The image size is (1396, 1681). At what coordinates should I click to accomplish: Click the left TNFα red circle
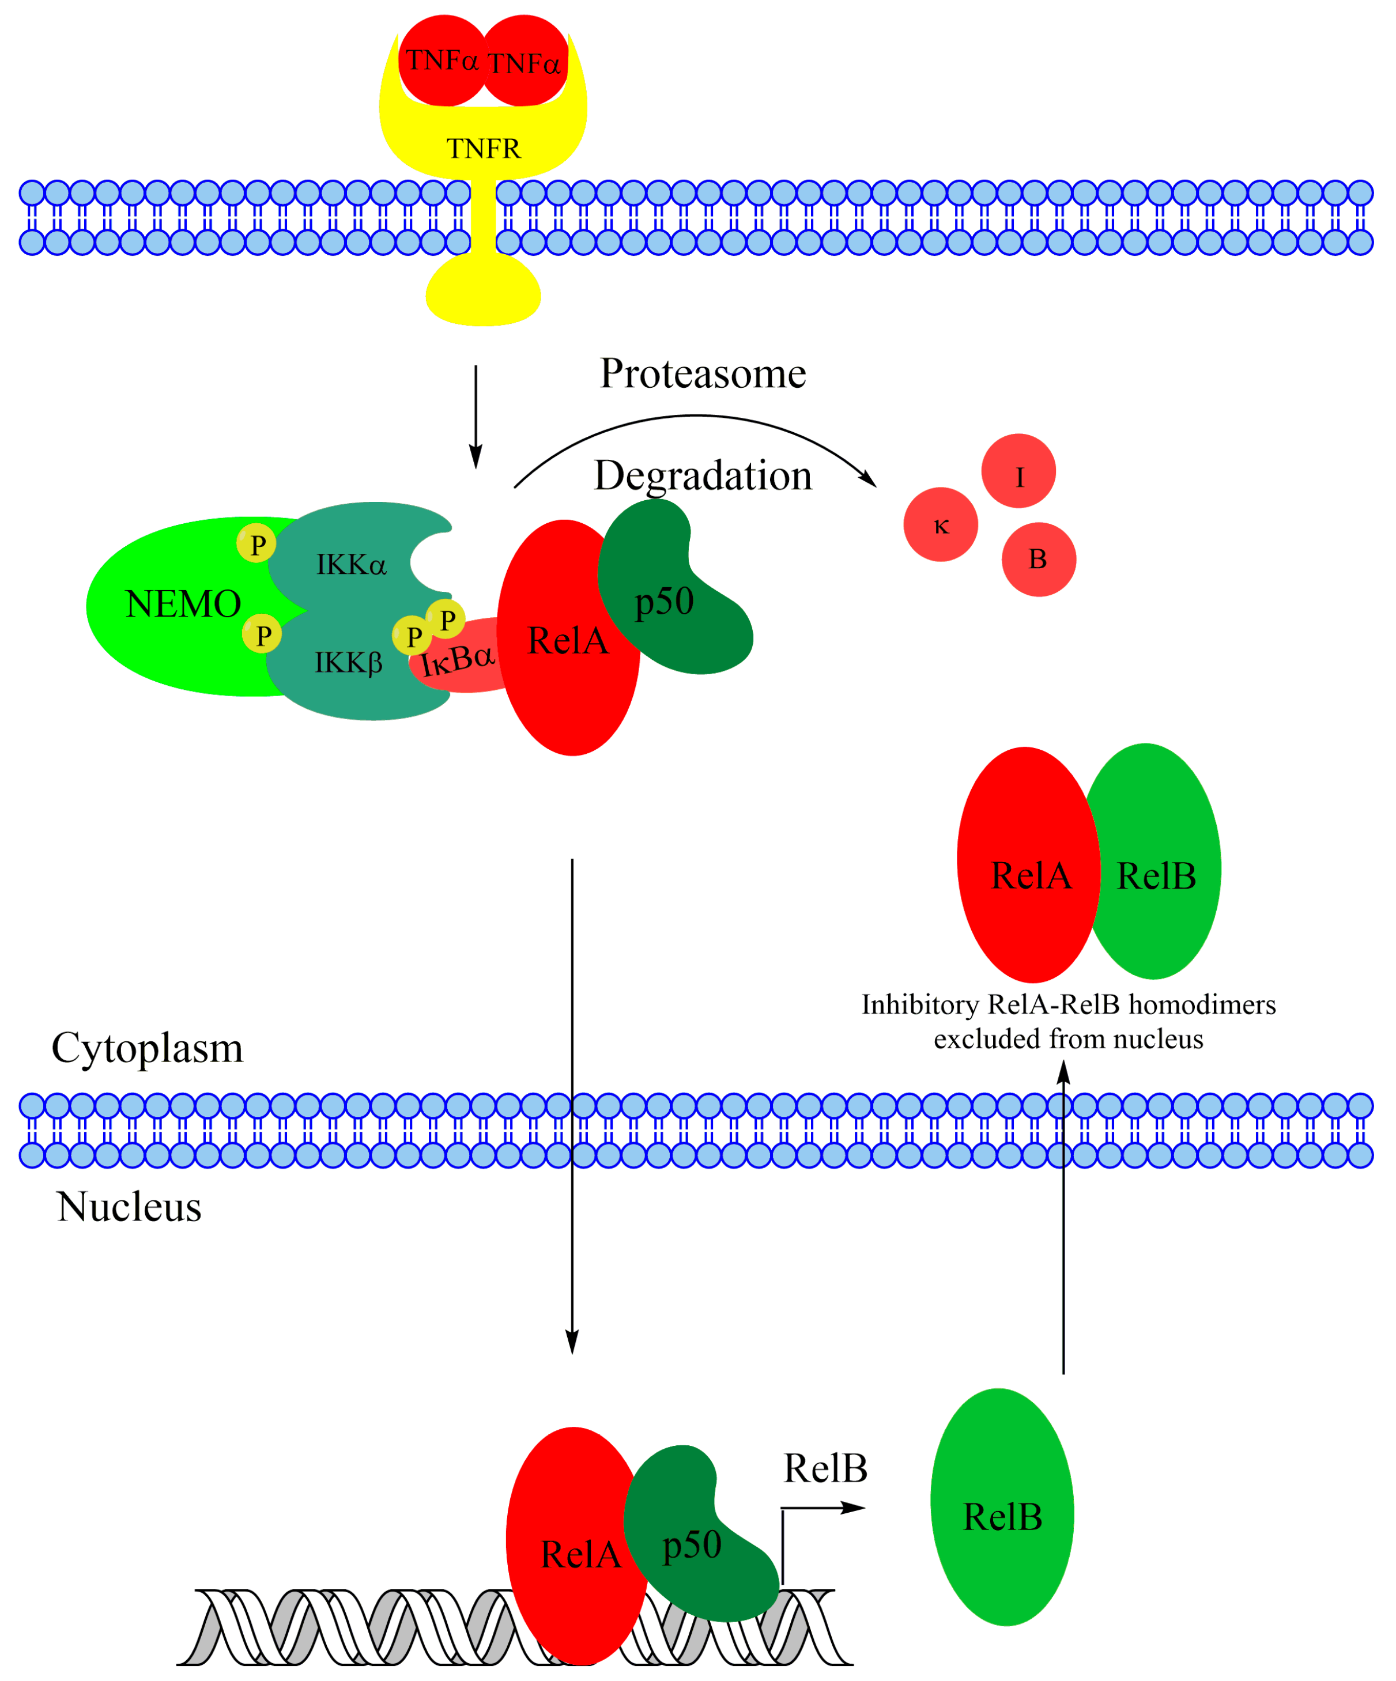[442, 60]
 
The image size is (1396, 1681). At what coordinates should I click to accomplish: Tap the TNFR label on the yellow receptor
[484, 149]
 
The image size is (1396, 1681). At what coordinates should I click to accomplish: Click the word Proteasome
[703, 374]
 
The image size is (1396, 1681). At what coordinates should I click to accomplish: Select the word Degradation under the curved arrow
[703, 475]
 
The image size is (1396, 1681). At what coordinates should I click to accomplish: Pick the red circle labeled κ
[941, 525]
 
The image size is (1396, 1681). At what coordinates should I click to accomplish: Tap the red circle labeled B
[1038, 560]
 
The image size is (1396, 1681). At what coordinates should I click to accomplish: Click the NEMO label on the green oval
[183, 605]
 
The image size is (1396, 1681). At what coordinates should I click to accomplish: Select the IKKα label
[350, 565]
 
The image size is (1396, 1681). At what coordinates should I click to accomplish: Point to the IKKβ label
[348, 663]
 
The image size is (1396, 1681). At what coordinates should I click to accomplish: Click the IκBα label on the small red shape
[458, 660]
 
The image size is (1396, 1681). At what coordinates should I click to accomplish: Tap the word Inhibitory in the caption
[920, 1004]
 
